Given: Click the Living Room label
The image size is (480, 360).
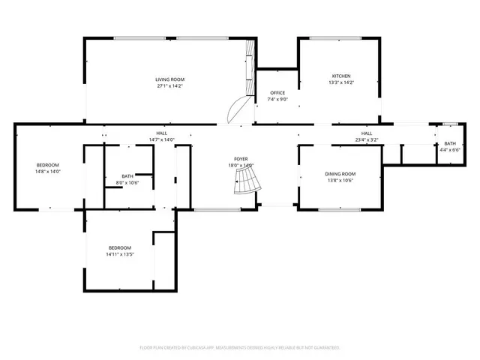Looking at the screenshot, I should [169, 79].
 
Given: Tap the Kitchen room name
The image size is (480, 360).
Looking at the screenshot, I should [341, 76].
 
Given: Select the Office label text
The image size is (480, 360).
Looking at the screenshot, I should [277, 92].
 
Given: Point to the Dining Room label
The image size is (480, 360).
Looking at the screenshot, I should [340, 173].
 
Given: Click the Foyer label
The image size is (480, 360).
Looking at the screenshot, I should [241, 159].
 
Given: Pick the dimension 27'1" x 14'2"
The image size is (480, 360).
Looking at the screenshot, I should [169, 86].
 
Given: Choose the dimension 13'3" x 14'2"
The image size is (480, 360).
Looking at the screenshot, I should [341, 82].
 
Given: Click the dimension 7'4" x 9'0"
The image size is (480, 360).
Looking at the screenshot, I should [277, 99].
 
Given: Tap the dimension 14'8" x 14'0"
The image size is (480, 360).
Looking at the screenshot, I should [48, 172].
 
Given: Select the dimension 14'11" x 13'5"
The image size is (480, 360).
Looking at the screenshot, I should [119, 254].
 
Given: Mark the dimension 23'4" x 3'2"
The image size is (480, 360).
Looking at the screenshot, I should [367, 139].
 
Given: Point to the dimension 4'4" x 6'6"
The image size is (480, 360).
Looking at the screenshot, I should [449, 150].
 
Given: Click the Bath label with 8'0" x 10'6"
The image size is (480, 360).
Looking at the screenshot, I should [128, 176].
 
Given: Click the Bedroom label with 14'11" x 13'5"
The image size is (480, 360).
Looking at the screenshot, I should [119, 247].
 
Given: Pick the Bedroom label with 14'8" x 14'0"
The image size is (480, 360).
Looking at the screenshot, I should [48, 165].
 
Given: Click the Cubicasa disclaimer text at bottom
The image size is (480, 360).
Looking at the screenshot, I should [240, 348].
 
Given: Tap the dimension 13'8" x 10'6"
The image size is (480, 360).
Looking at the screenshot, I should [340, 180].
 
